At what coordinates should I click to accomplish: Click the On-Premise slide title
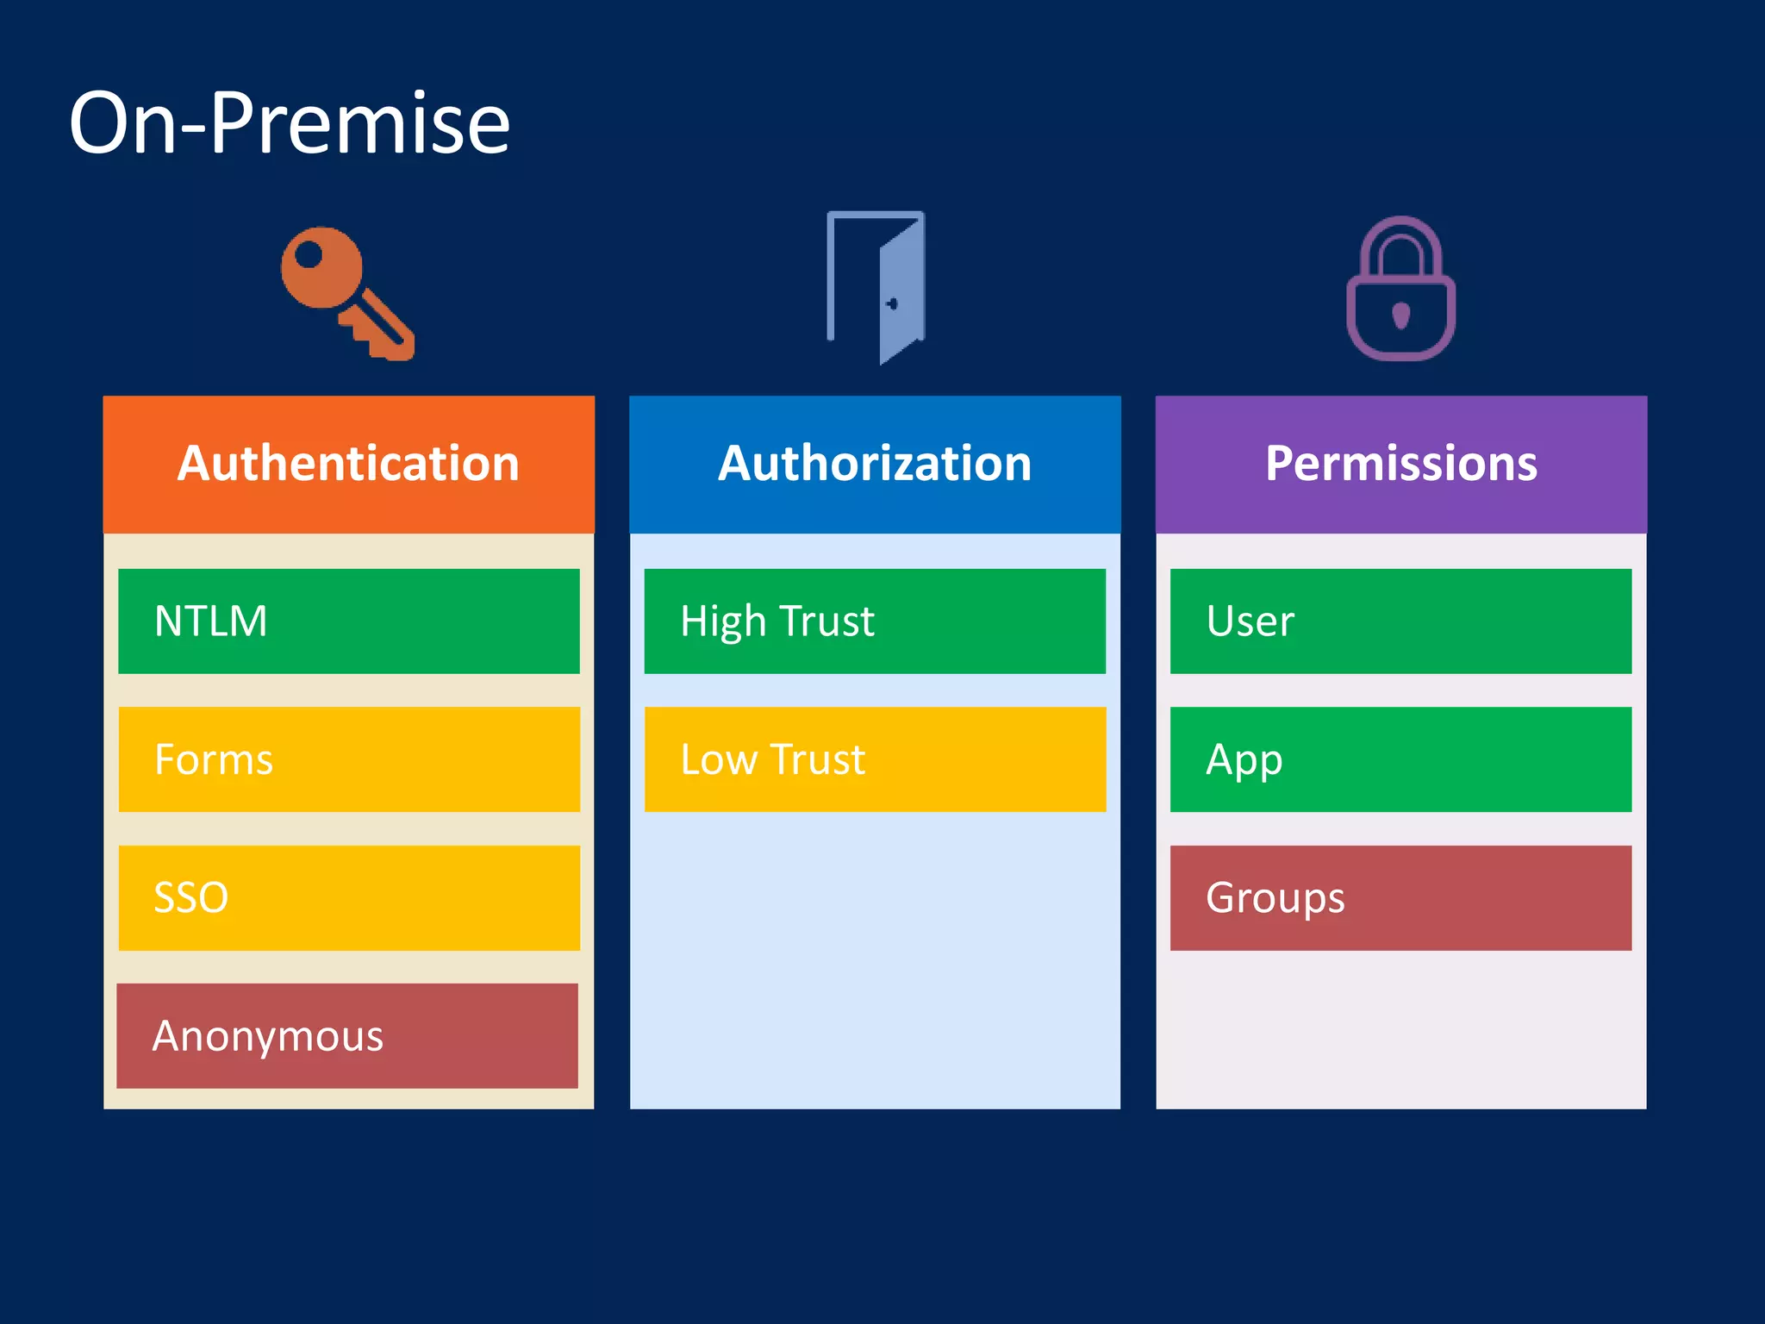click(x=290, y=123)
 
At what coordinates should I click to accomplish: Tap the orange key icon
click(x=345, y=293)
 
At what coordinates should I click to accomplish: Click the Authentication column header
click(x=348, y=464)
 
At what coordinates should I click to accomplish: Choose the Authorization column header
click(x=875, y=464)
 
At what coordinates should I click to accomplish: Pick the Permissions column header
click(x=1400, y=464)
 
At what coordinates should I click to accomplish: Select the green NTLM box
click(x=348, y=621)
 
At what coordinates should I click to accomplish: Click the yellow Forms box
click(x=348, y=759)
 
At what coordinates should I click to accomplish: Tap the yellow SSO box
click(x=348, y=897)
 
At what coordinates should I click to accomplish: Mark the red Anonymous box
click(x=347, y=1035)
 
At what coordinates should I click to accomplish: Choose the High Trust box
click(x=875, y=621)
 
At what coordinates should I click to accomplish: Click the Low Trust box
click(x=875, y=759)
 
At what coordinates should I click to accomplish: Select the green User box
click(x=1400, y=621)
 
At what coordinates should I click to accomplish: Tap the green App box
click(x=1400, y=759)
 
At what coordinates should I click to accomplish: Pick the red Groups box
click(x=1400, y=897)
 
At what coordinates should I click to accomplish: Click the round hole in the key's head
click(x=309, y=255)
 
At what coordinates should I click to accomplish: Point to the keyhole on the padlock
click(x=1401, y=315)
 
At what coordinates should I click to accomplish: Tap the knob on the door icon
click(x=892, y=303)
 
